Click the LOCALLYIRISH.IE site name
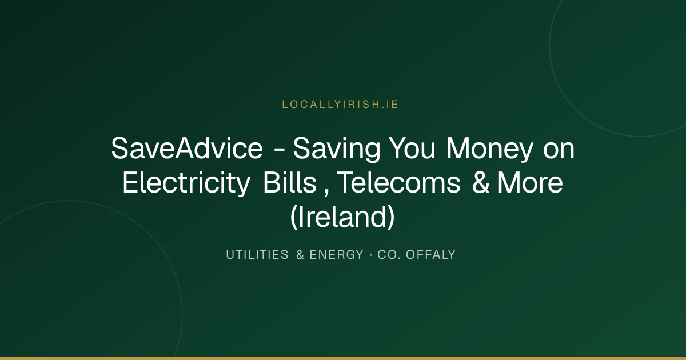340,105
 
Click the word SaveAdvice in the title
187,149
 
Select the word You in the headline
412,149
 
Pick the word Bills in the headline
290,182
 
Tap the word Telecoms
398,182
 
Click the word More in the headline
530,183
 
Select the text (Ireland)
342,217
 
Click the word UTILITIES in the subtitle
257,255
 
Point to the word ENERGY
337,255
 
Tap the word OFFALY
431,255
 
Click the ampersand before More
481,183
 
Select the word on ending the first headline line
559,151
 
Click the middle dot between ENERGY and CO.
371,255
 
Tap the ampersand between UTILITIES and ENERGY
300,255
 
